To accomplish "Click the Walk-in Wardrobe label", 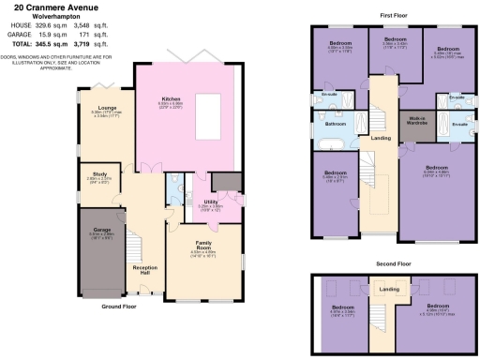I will tap(419, 119).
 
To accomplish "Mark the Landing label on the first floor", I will tap(382, 139).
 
